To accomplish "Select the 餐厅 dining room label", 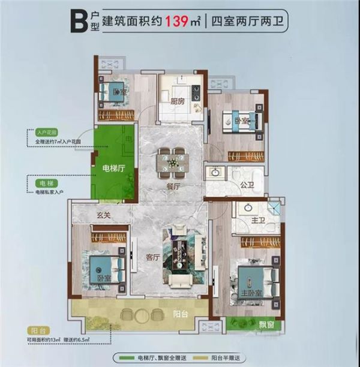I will pyautogui.click(x=173, y=186).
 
